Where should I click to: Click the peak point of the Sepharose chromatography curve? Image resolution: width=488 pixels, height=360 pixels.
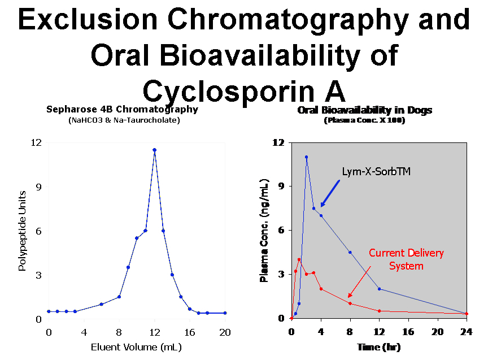[154, 150]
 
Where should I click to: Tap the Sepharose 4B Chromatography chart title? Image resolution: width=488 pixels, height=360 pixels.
[122, 110]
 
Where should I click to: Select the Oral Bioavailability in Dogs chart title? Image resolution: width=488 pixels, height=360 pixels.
[364, 110]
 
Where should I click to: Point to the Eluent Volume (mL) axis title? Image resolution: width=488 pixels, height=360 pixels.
[136, 346]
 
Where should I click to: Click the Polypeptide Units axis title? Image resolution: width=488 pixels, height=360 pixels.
[22, 231]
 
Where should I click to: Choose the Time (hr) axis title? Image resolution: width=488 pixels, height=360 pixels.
[378, 347]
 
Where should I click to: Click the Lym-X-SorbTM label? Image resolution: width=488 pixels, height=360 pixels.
[376, 171]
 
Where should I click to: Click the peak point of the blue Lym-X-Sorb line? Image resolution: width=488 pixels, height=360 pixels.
[306, 157]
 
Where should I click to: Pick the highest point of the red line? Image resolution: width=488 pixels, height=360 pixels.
[299, 259]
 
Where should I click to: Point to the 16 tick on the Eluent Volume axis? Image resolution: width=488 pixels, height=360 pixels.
[190, 332]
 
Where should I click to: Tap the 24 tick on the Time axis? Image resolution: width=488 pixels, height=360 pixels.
[467, 332]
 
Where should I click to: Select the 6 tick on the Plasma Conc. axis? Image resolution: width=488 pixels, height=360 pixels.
[281, 230]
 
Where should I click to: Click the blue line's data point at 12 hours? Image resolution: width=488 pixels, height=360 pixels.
[379, 289]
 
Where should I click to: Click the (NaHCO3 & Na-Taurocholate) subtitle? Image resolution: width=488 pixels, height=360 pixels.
[122, 120]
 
